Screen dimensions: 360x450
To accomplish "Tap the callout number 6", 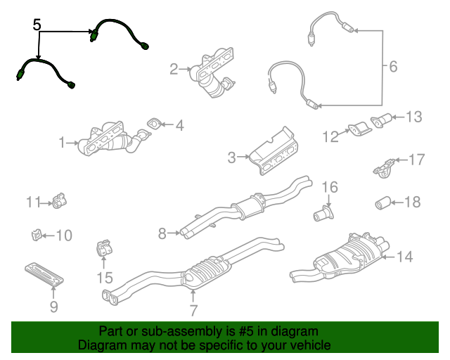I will click(392, 67).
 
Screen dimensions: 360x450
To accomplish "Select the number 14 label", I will click(404, 257).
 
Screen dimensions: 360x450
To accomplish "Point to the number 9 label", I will click(53, 307).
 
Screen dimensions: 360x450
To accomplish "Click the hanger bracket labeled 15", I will click(103, 250).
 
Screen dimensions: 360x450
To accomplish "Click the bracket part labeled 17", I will click(382, 167).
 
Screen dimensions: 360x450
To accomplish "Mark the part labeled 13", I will click(381, 120).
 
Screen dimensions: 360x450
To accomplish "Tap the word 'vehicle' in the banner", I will click(309, 345).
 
